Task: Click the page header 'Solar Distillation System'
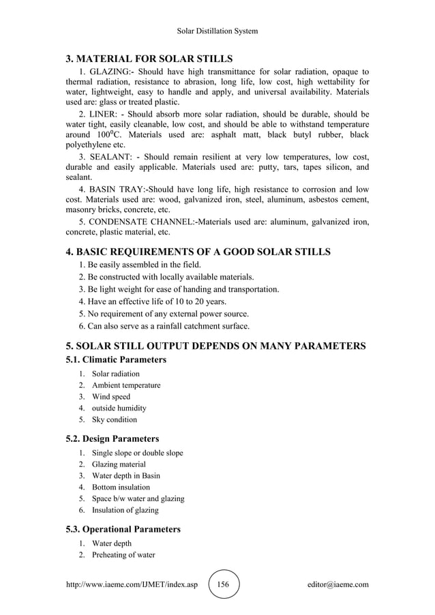pos(217,31)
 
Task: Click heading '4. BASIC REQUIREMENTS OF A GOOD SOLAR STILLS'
pos(198,252)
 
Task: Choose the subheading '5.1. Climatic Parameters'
pos(116,359)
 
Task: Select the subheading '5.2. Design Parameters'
pos(112,438)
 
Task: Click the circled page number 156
pos(224,584)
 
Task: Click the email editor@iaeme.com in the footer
pos(338,584)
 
